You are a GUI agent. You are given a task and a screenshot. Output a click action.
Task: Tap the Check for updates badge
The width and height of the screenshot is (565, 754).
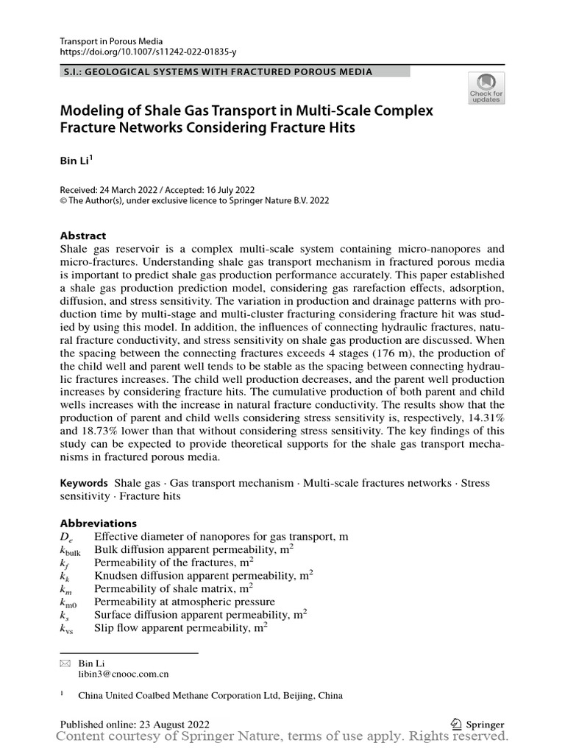click(x=486, y=86)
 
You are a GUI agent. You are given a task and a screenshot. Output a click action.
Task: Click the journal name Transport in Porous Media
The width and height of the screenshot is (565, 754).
click(x=111, y=41)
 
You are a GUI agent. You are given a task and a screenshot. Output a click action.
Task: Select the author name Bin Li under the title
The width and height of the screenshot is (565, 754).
click(x=74, y=161)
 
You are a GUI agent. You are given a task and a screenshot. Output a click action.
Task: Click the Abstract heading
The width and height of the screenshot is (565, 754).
click(x=83, y=236)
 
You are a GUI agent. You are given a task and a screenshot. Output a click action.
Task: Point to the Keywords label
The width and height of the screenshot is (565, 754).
click(x=84, y=483)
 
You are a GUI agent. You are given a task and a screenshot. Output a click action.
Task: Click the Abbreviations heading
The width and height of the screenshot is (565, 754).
click(x=99, y=523)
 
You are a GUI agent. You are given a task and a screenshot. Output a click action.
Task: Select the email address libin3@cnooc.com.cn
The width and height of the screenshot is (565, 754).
click(x=124, y=673)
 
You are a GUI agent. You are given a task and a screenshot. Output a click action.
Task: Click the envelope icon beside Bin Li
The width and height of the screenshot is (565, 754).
click(x=65, y=663)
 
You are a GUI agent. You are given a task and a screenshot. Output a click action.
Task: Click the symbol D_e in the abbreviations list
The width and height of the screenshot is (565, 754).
click(x=65, y=537)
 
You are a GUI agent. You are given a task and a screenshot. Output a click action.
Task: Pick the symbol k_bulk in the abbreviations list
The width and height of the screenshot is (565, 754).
click(x=70, y=551)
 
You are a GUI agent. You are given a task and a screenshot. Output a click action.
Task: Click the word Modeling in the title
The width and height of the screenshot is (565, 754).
click(x=92, y=111)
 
